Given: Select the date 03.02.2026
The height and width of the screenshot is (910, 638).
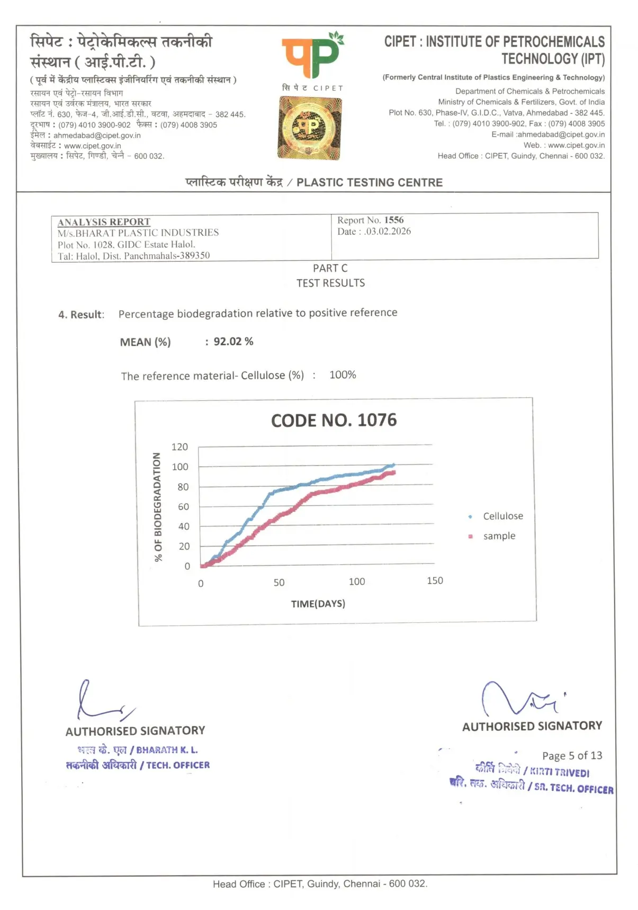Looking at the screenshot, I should click(388, 231).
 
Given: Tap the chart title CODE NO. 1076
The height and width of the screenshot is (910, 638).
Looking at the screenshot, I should click(334, 421).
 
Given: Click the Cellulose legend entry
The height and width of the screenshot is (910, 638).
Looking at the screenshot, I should click(502, 516).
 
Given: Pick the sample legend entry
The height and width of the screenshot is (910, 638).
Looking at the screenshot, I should click(499, 536).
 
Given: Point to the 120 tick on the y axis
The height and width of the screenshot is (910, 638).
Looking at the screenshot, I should click(179, 447).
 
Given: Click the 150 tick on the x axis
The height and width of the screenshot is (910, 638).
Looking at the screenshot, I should click(435, 581).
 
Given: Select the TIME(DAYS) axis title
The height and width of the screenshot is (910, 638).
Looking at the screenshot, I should click(318, 604).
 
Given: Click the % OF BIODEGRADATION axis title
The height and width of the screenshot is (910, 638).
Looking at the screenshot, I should click(157, 507).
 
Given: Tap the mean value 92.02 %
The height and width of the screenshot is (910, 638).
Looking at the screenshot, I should click(233, 342).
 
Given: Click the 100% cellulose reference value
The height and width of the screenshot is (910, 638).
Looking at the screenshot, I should click(343, 375).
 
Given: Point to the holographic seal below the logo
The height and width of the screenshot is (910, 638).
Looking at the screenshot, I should click(310, 128).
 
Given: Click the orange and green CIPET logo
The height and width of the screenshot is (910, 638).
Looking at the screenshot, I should click(312, 57).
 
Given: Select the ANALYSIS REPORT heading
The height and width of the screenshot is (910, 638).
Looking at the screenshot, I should click(104, 222).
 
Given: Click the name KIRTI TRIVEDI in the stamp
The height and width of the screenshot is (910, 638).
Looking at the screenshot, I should click(560, 772).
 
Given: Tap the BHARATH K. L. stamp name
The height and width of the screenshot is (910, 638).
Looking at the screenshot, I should click(167, 750).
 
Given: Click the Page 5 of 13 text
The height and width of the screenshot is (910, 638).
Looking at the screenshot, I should click(572, 756).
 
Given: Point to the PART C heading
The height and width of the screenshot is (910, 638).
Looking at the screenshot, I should click(330, 269).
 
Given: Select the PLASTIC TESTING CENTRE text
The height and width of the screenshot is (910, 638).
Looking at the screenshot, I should click(369, 183).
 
